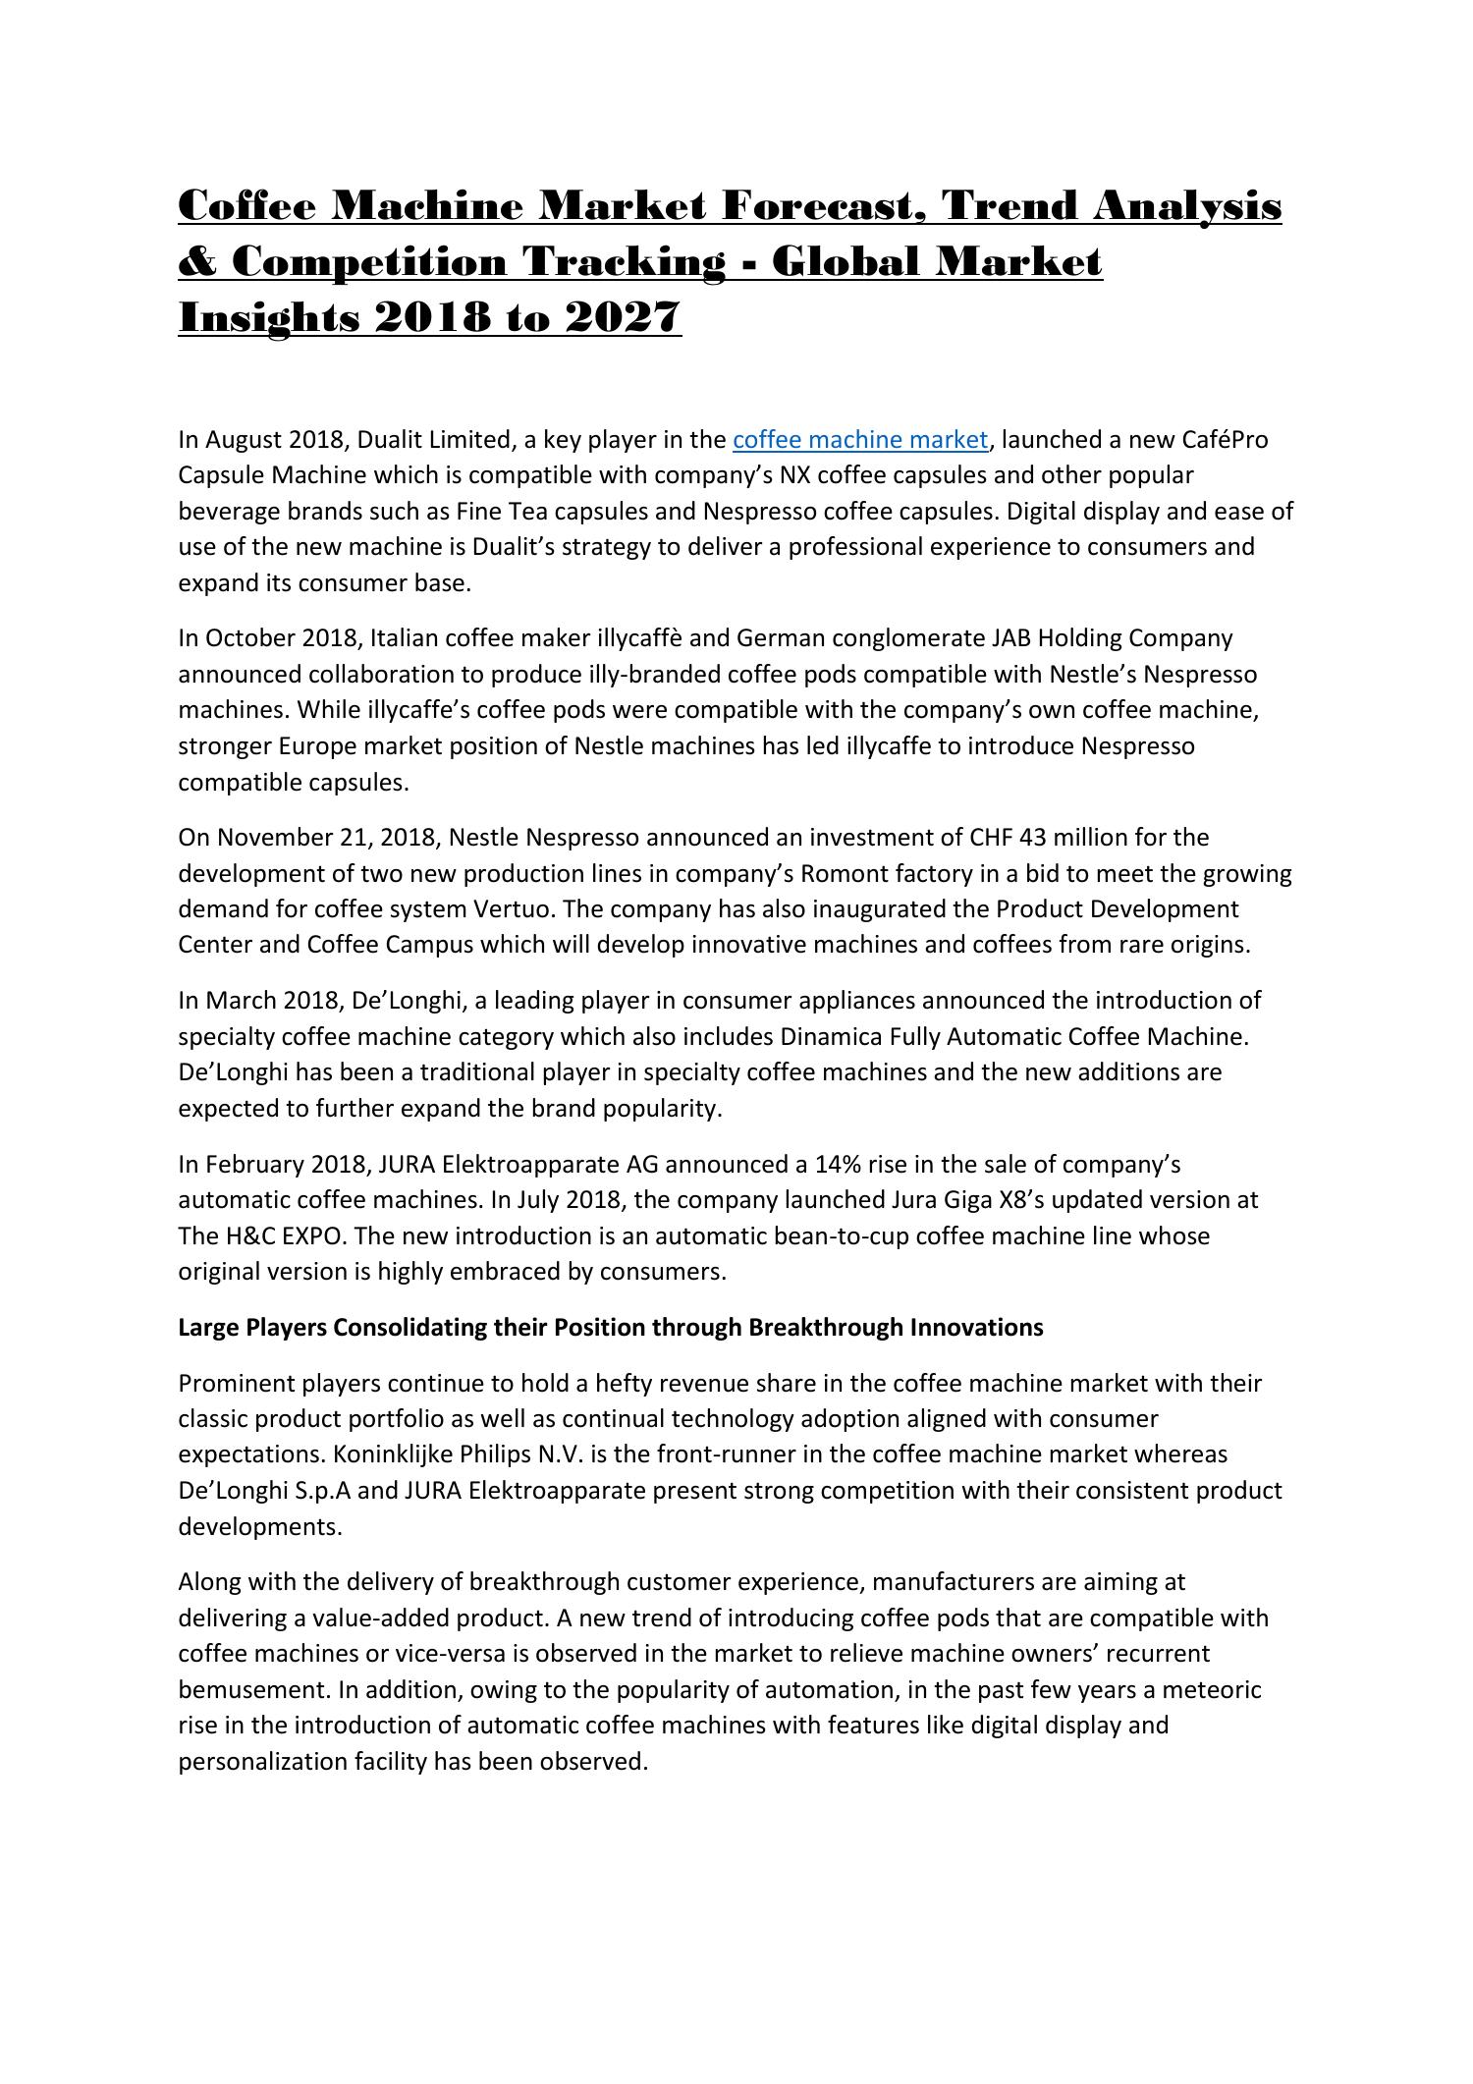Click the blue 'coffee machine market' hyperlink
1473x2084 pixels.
point(859,439)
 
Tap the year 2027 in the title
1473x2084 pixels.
point(624,317)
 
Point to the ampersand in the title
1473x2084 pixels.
point(198,262)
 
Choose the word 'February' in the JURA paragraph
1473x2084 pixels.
point(254,1164)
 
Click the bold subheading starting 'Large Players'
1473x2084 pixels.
point(610,1327)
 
